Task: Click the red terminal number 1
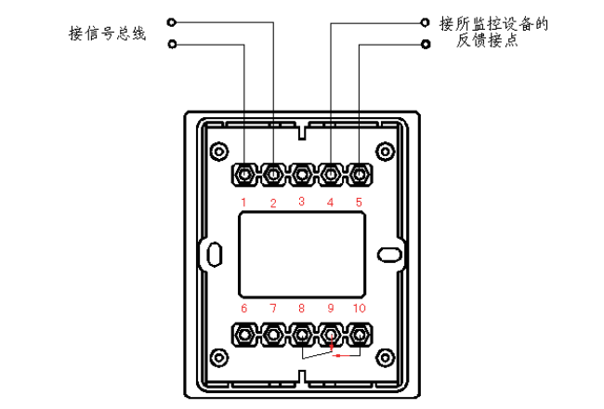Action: coord(243,202)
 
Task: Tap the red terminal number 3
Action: coord(302,201)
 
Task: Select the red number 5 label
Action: coord(359,202)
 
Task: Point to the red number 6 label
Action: coord(243,308)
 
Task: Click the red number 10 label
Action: coord(359,308)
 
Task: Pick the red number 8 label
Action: coord(301,308)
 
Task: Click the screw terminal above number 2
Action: coord(273,175)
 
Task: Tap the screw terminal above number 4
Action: coord(331,175)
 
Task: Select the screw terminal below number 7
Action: coord(273,335)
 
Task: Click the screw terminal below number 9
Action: coord(331,335)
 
